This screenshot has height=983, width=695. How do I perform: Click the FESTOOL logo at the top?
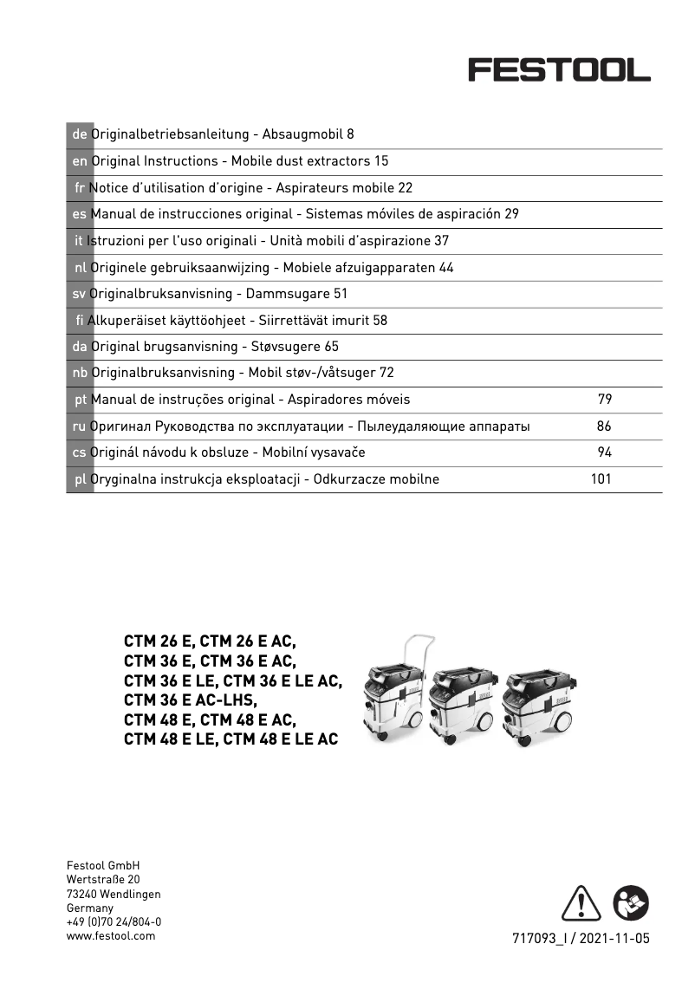pyautogui.click(x=559, y=69)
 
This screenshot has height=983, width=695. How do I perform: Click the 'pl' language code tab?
pyautogui.click(x=79, y=479)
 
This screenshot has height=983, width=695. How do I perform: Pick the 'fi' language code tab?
pyautogui.click(x=79, y=321)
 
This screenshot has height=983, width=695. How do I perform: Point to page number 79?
pyautogui.click(x=605, y=400)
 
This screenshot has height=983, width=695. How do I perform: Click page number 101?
pyautogui.click(x=601, y=479)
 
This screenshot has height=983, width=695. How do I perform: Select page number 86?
pyautogui.click(x=605, y=426)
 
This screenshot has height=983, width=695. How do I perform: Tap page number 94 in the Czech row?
pyautogui.click(x=605, y=452)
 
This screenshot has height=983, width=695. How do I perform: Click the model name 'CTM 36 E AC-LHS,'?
pyautogui.click(x=192, y=700)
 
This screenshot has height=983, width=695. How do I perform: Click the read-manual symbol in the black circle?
pyautogui.click(x=630, y=905)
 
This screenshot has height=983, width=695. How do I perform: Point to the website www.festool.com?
pyautogui.click(x=111, y=936)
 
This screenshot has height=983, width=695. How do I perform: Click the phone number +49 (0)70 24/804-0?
pyautogui.click(x=114, y=922)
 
